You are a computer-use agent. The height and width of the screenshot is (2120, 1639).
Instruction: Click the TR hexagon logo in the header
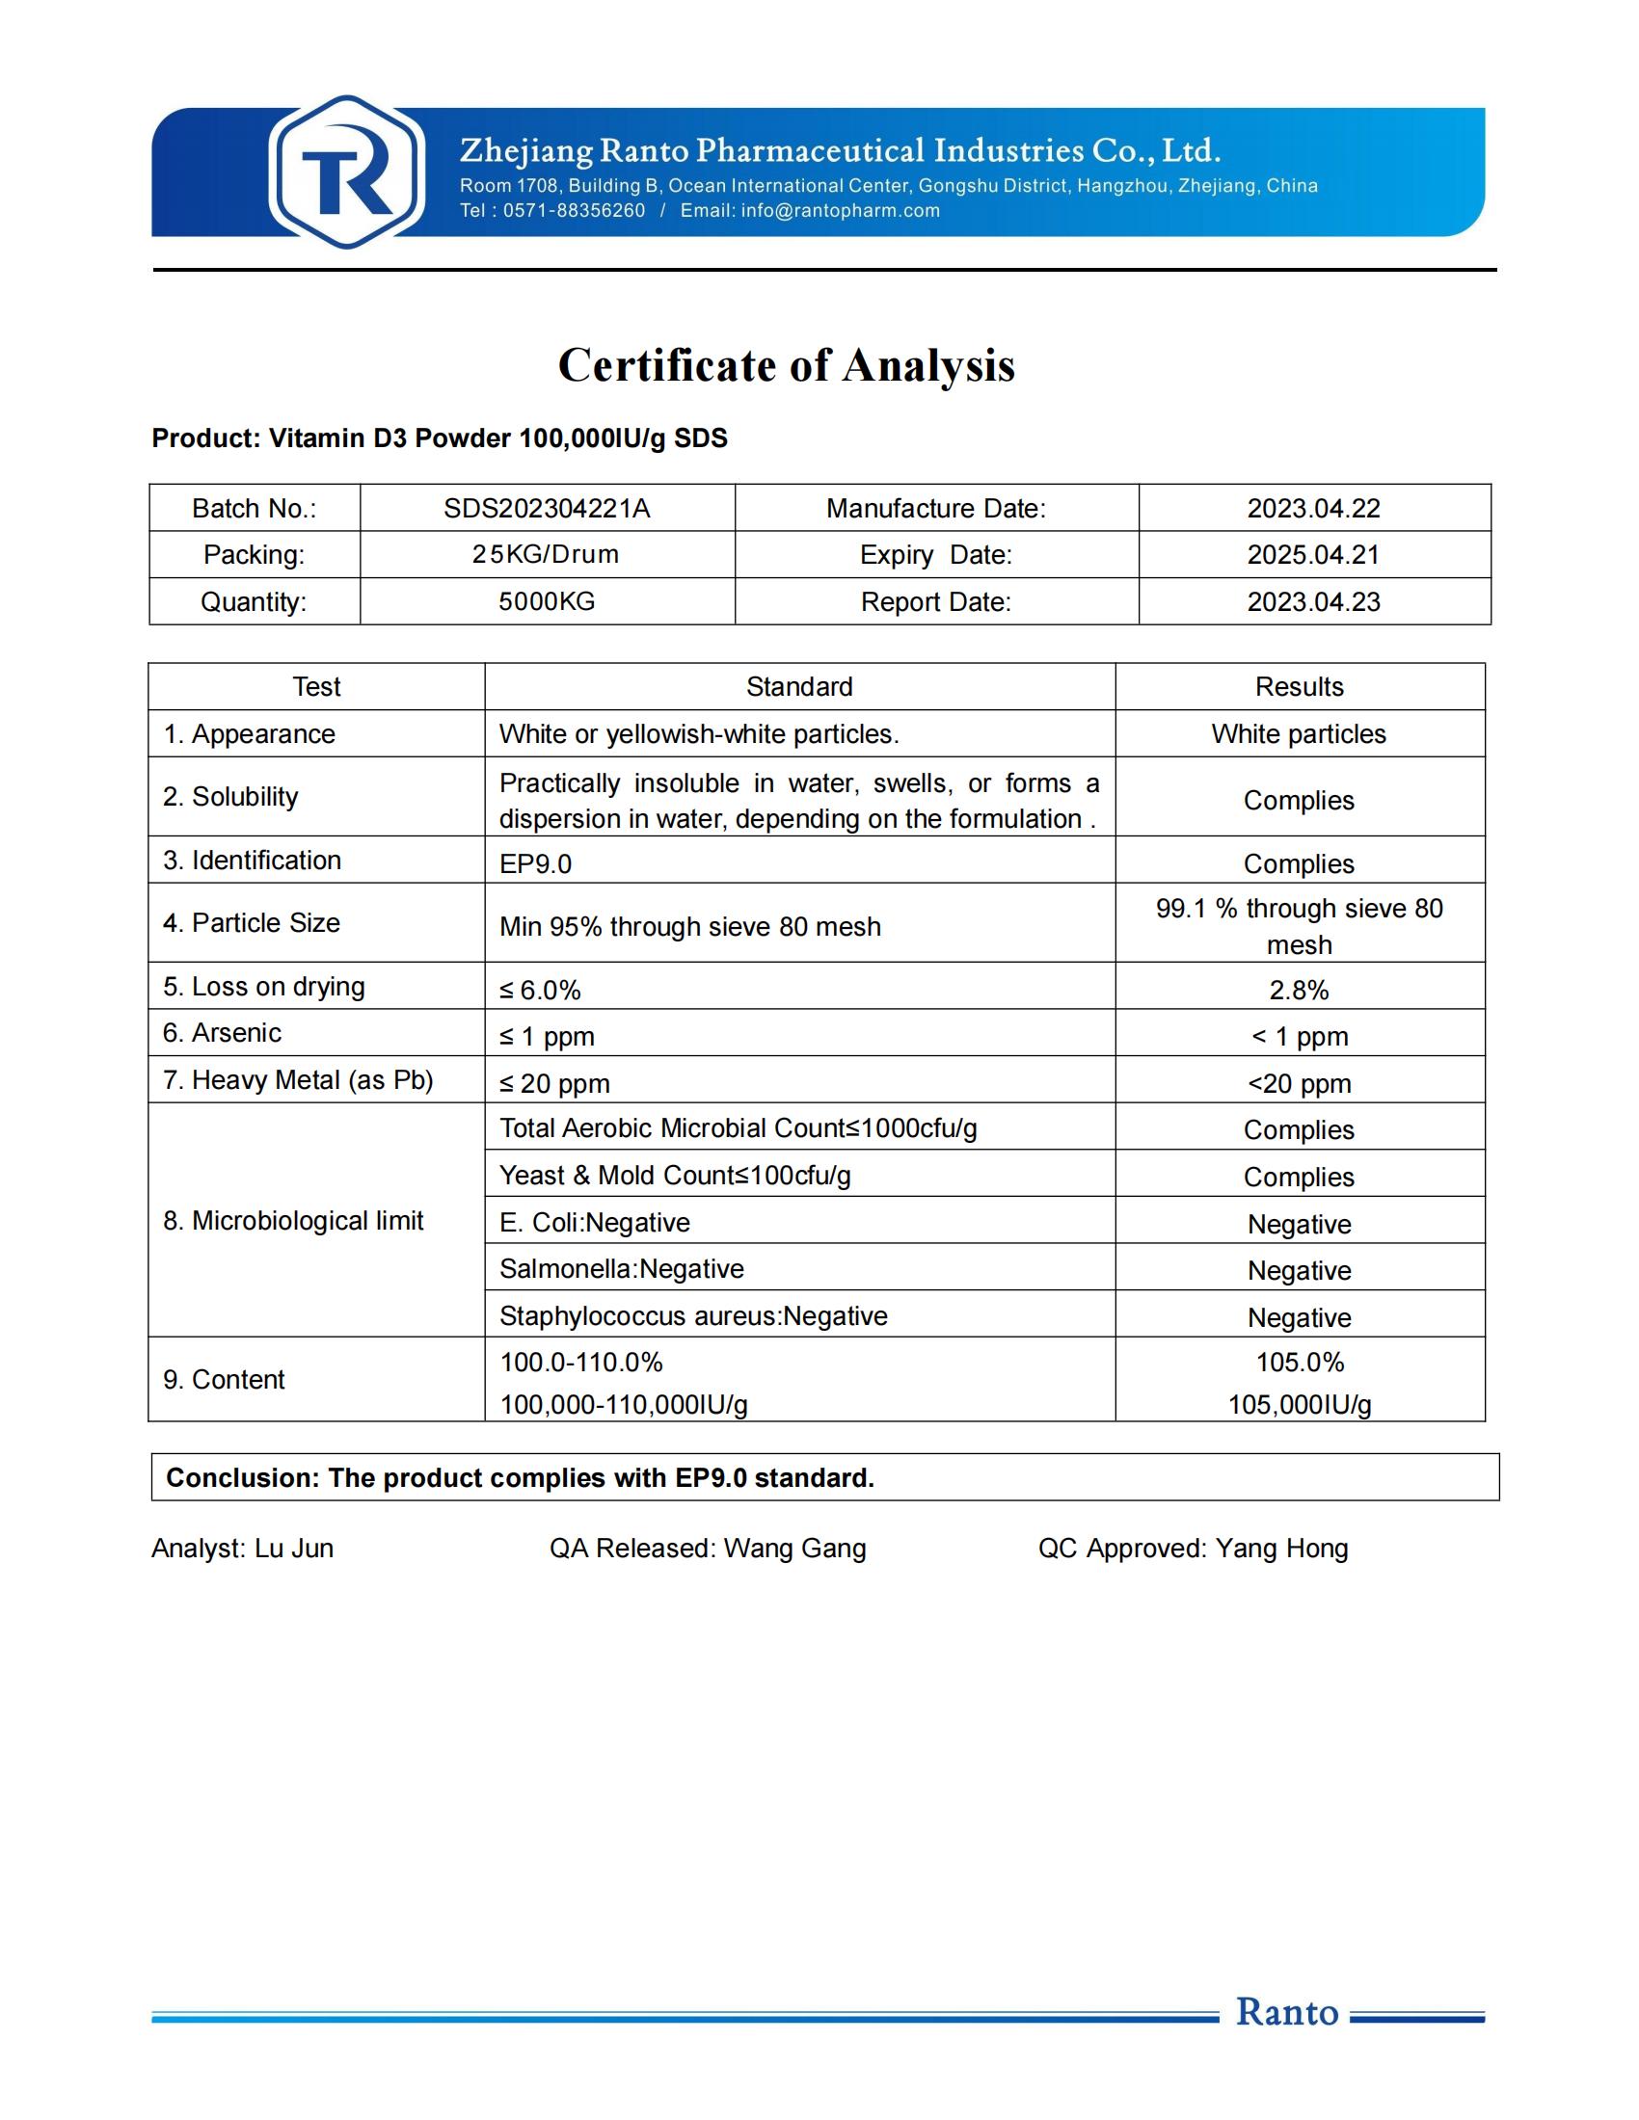pos(347,172)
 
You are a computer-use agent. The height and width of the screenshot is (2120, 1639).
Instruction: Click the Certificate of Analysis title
pos(786,366)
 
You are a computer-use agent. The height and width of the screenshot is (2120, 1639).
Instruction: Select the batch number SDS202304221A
pos(547,509)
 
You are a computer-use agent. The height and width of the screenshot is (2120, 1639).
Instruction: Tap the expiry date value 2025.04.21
pos(1313,555)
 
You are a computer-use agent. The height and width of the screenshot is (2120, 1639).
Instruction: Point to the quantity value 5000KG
pos(547,602)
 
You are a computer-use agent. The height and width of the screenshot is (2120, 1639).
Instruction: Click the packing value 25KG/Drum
pos(546,555)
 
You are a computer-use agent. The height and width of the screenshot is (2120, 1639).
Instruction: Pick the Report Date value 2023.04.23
pos(1313,602)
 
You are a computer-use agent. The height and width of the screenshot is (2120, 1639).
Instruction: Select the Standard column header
pos(799,687)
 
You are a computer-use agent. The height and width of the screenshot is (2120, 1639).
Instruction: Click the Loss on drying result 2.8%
pos(1299,990)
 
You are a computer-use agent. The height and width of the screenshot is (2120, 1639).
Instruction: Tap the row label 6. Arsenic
pos(223,1033)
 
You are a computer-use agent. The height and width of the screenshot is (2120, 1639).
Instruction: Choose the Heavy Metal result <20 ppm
pos(1299,1083)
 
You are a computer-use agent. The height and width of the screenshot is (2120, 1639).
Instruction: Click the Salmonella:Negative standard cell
pos(622,1270)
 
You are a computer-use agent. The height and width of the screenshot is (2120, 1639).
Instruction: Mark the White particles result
pos(1299,734)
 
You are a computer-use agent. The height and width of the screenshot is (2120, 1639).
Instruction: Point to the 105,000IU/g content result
pos(1299,1405)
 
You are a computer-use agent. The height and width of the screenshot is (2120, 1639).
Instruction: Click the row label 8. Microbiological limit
pos(293,1221)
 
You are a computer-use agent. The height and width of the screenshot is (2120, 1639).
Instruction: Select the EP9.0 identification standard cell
pos(535,864)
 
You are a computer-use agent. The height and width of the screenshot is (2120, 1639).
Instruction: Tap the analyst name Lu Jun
pos(294,1549)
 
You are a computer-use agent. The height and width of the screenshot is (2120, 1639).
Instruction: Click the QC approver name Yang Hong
pos(1281,1549)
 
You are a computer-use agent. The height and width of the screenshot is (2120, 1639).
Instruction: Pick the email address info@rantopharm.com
pos(840,211)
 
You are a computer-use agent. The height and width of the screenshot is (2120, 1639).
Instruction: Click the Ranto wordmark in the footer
pos(1286,2012)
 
